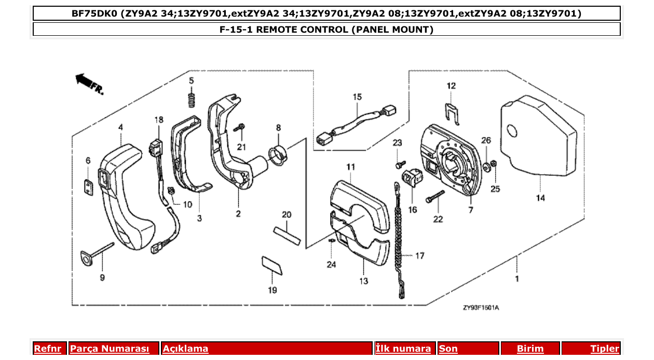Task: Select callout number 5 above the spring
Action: (191, 80)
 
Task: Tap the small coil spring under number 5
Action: (192, 98)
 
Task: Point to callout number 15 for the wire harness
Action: (357, 97)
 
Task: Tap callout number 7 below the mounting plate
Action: (471, 210)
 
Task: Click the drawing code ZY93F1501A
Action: (481, 308)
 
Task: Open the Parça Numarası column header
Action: (110, 349)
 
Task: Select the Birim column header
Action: (530, 349)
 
